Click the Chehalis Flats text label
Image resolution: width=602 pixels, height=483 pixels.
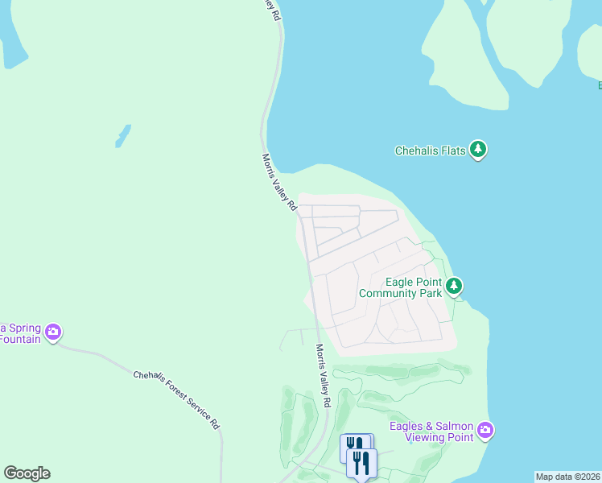tap(431, 151)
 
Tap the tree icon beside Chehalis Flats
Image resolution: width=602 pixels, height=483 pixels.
tap(479, 150)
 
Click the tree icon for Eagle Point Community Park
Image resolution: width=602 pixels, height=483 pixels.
tap(455, 287)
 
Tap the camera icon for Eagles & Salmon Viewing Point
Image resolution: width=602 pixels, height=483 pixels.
tap(485, 431)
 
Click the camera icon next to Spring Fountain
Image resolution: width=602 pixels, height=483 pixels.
tap(53, 332)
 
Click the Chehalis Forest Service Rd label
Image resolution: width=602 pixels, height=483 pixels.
tap(176, 399)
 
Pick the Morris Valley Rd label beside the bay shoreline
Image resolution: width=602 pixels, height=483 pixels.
tap(280, 183)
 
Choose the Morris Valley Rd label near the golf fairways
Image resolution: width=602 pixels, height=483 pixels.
tap(324, 376)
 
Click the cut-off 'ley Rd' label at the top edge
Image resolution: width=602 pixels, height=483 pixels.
tap(274, 10)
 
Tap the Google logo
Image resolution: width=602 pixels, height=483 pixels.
tap(27, 473)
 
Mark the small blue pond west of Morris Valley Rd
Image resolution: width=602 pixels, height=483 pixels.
tap(122, 135)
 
